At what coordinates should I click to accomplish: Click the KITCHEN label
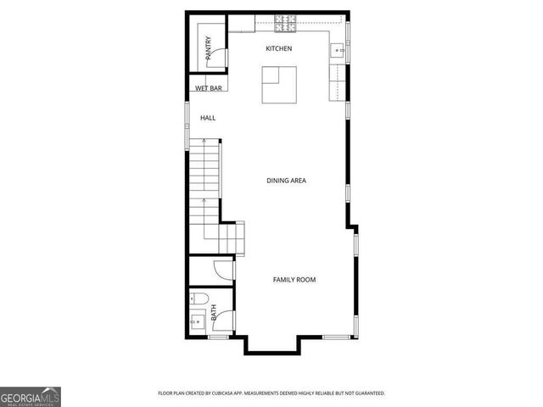[x=278, y=48]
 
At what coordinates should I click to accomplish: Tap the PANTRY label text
[x=208, y=48]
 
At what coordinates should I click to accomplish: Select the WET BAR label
[x=208, y=88]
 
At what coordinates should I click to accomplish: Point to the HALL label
[x=208, y=118]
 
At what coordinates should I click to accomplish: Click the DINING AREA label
[x=286, y=181]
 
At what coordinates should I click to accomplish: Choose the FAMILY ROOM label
[x=294, y=280]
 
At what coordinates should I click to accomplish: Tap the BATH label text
[x=214, y=312]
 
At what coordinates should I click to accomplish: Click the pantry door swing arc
[x=219, y=57]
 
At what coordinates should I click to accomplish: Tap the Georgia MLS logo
[x=31, y=396]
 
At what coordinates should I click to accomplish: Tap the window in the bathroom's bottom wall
[x=218, y=337]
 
